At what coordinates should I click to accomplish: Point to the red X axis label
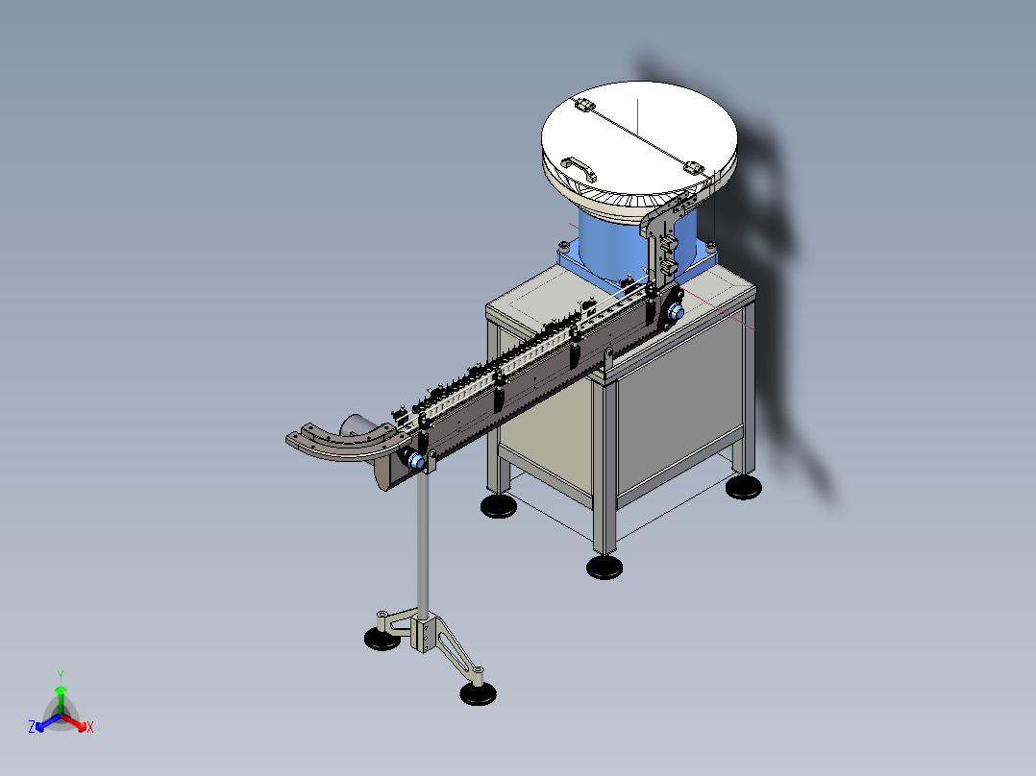[x=90, y=728]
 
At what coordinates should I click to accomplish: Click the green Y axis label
[x=60, y=674]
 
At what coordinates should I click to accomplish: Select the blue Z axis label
[x=32, y=728]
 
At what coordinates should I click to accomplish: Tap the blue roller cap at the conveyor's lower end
[x=416, y=461]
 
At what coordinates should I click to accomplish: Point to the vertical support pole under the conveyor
[x=423, y=547]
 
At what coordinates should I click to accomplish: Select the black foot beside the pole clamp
[x=382, y=639]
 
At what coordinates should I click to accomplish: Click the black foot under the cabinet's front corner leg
[x=604, y=567]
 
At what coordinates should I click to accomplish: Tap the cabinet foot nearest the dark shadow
[x=746, y=487]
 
